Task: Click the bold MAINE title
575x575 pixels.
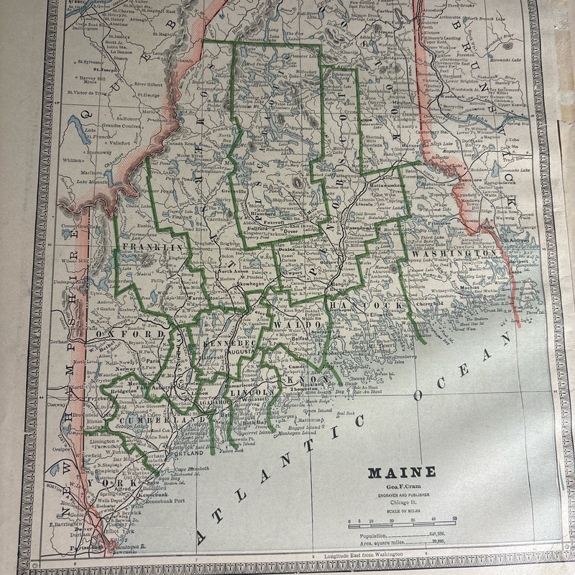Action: point(402,472)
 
